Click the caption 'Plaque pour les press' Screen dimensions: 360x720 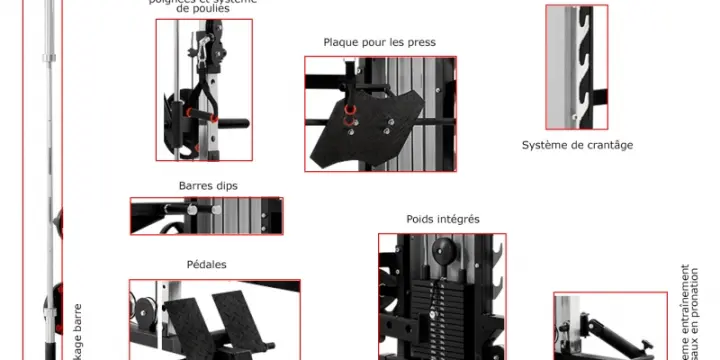coord(379,43)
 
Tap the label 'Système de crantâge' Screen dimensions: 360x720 coord(577,145)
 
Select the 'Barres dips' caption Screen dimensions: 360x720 coord(208,186)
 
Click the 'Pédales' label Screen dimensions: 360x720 coord(206,265)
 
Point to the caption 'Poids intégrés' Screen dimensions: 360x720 coord(442,219)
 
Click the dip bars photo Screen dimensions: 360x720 coord(206,216)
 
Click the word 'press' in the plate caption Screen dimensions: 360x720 coord(420,43)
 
